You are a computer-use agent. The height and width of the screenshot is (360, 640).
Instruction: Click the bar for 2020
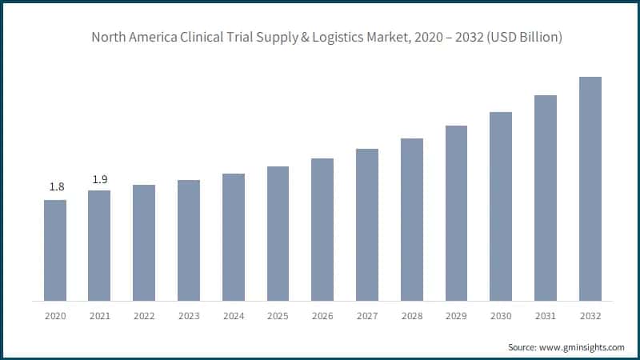[54, 250]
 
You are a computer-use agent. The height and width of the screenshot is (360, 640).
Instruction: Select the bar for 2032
[590, 189]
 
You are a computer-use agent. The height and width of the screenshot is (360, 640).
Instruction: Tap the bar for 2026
[322, 230]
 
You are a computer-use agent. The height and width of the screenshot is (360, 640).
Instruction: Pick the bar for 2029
[456, 213]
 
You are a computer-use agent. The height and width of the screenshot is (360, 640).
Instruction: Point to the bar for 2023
[189, 240]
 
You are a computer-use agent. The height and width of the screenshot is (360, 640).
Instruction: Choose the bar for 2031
[546, 198]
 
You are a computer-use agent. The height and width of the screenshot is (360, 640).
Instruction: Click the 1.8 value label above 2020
[57, 187]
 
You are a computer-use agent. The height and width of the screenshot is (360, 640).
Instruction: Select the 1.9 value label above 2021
[100, 178]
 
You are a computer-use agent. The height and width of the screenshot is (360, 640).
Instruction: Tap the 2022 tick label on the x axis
[144, 317]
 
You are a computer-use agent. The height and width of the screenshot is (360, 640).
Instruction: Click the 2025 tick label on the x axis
[278, 317]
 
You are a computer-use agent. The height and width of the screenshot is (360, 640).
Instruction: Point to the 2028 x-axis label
[411, 317]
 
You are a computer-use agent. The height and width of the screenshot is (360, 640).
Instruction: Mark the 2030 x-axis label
[501, 317]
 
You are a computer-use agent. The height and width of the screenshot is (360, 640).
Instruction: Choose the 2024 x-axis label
[233, 317]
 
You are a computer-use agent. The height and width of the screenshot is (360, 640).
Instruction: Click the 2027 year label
[367, 317]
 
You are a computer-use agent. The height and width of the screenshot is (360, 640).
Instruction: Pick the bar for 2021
[99, 246]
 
